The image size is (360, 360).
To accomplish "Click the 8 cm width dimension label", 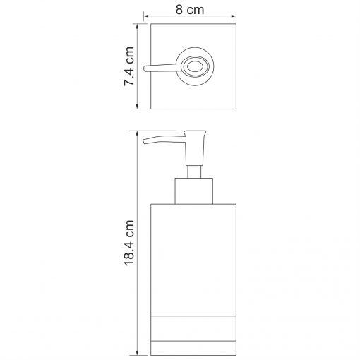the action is click(x=190, y=10).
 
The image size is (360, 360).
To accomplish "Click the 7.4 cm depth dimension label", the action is click(x=129, y=66).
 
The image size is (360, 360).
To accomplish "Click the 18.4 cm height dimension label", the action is click(x=129, y=243).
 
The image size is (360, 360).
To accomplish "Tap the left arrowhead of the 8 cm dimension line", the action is click(x=146, y=16).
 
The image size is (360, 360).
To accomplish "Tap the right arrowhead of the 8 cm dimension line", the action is click(x=234, y=16).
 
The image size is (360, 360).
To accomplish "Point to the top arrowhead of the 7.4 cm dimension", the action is click(x=137, y=26).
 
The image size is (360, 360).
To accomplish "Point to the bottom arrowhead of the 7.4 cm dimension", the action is click(x=137, y=107).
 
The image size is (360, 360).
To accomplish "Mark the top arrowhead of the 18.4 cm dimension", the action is click(x=137, y=133).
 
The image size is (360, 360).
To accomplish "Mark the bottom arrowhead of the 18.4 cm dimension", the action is click(x=137, y=352).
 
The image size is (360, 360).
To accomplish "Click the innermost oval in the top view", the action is click(x=195, y=66).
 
